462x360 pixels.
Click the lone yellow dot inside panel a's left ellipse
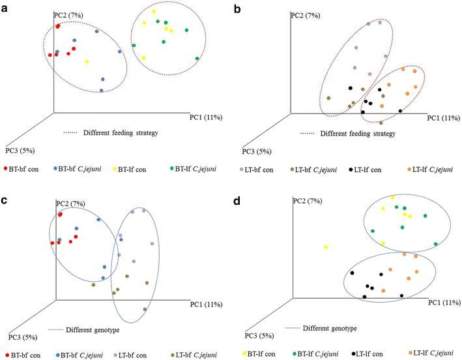[87, 62]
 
